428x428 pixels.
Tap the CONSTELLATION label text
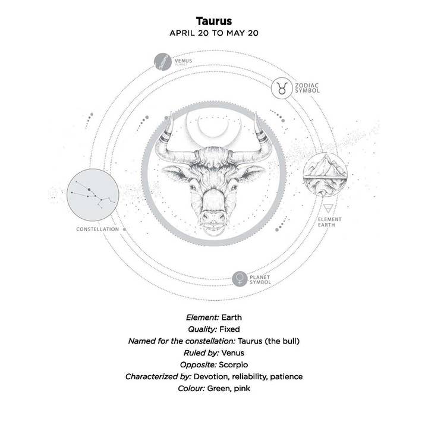(x=98, y=229)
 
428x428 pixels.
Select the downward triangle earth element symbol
(x=329, y=208)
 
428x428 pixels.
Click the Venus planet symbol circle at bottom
(x=241, y=278)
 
